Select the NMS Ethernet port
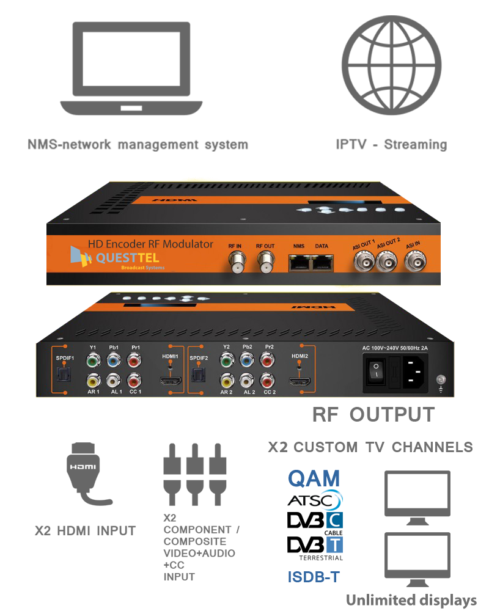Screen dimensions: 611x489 pyautogui.click(x=298, y=263)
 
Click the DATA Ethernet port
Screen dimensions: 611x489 pyautogui.click(x=322, y=263)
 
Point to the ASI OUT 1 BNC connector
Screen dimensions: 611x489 pyautogui.click(x=362, y=263)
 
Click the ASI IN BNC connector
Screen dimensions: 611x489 pyautogui.click(x=416, y=263)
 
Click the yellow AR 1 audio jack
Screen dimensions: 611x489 pyautogui.click(x=93, y=381)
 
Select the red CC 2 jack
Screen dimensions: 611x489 pyautogui.click(x=267, y=381)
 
